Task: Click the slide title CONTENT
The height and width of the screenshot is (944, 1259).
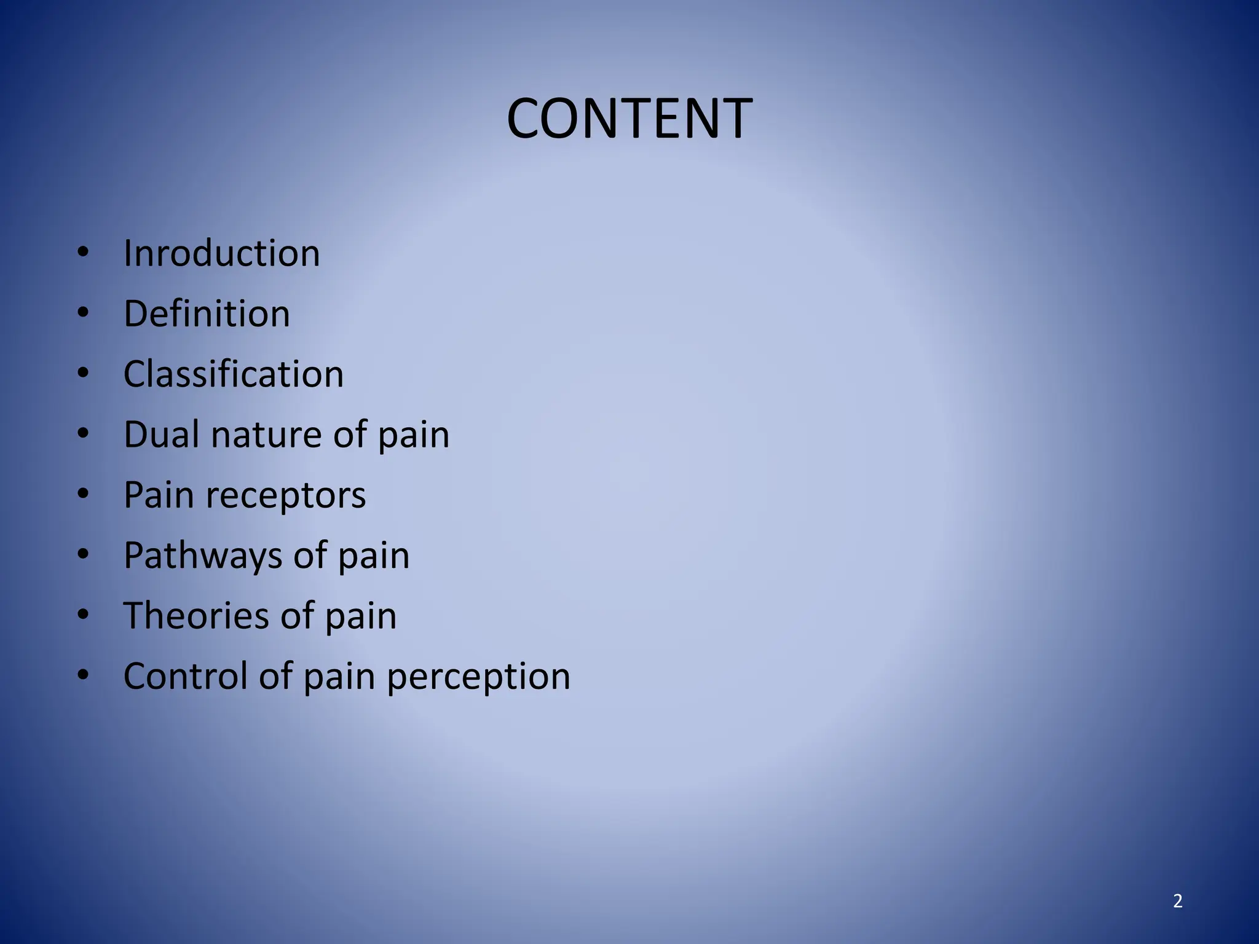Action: click(629, 119)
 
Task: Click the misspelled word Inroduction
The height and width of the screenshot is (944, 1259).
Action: click(221, 253)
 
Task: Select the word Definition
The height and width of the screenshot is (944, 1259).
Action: click(207, 313)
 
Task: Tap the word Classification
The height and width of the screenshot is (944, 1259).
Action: click(233, 374)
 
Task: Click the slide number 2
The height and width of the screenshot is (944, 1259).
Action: click(1177, 901)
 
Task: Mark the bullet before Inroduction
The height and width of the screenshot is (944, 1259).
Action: click(84, 252)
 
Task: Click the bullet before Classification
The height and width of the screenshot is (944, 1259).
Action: click(84, 373)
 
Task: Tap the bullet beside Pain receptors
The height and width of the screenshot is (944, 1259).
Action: click(84, 494)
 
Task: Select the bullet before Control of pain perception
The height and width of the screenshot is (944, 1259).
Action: click(84, 675)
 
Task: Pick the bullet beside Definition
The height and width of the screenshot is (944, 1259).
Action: click(84, 312)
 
